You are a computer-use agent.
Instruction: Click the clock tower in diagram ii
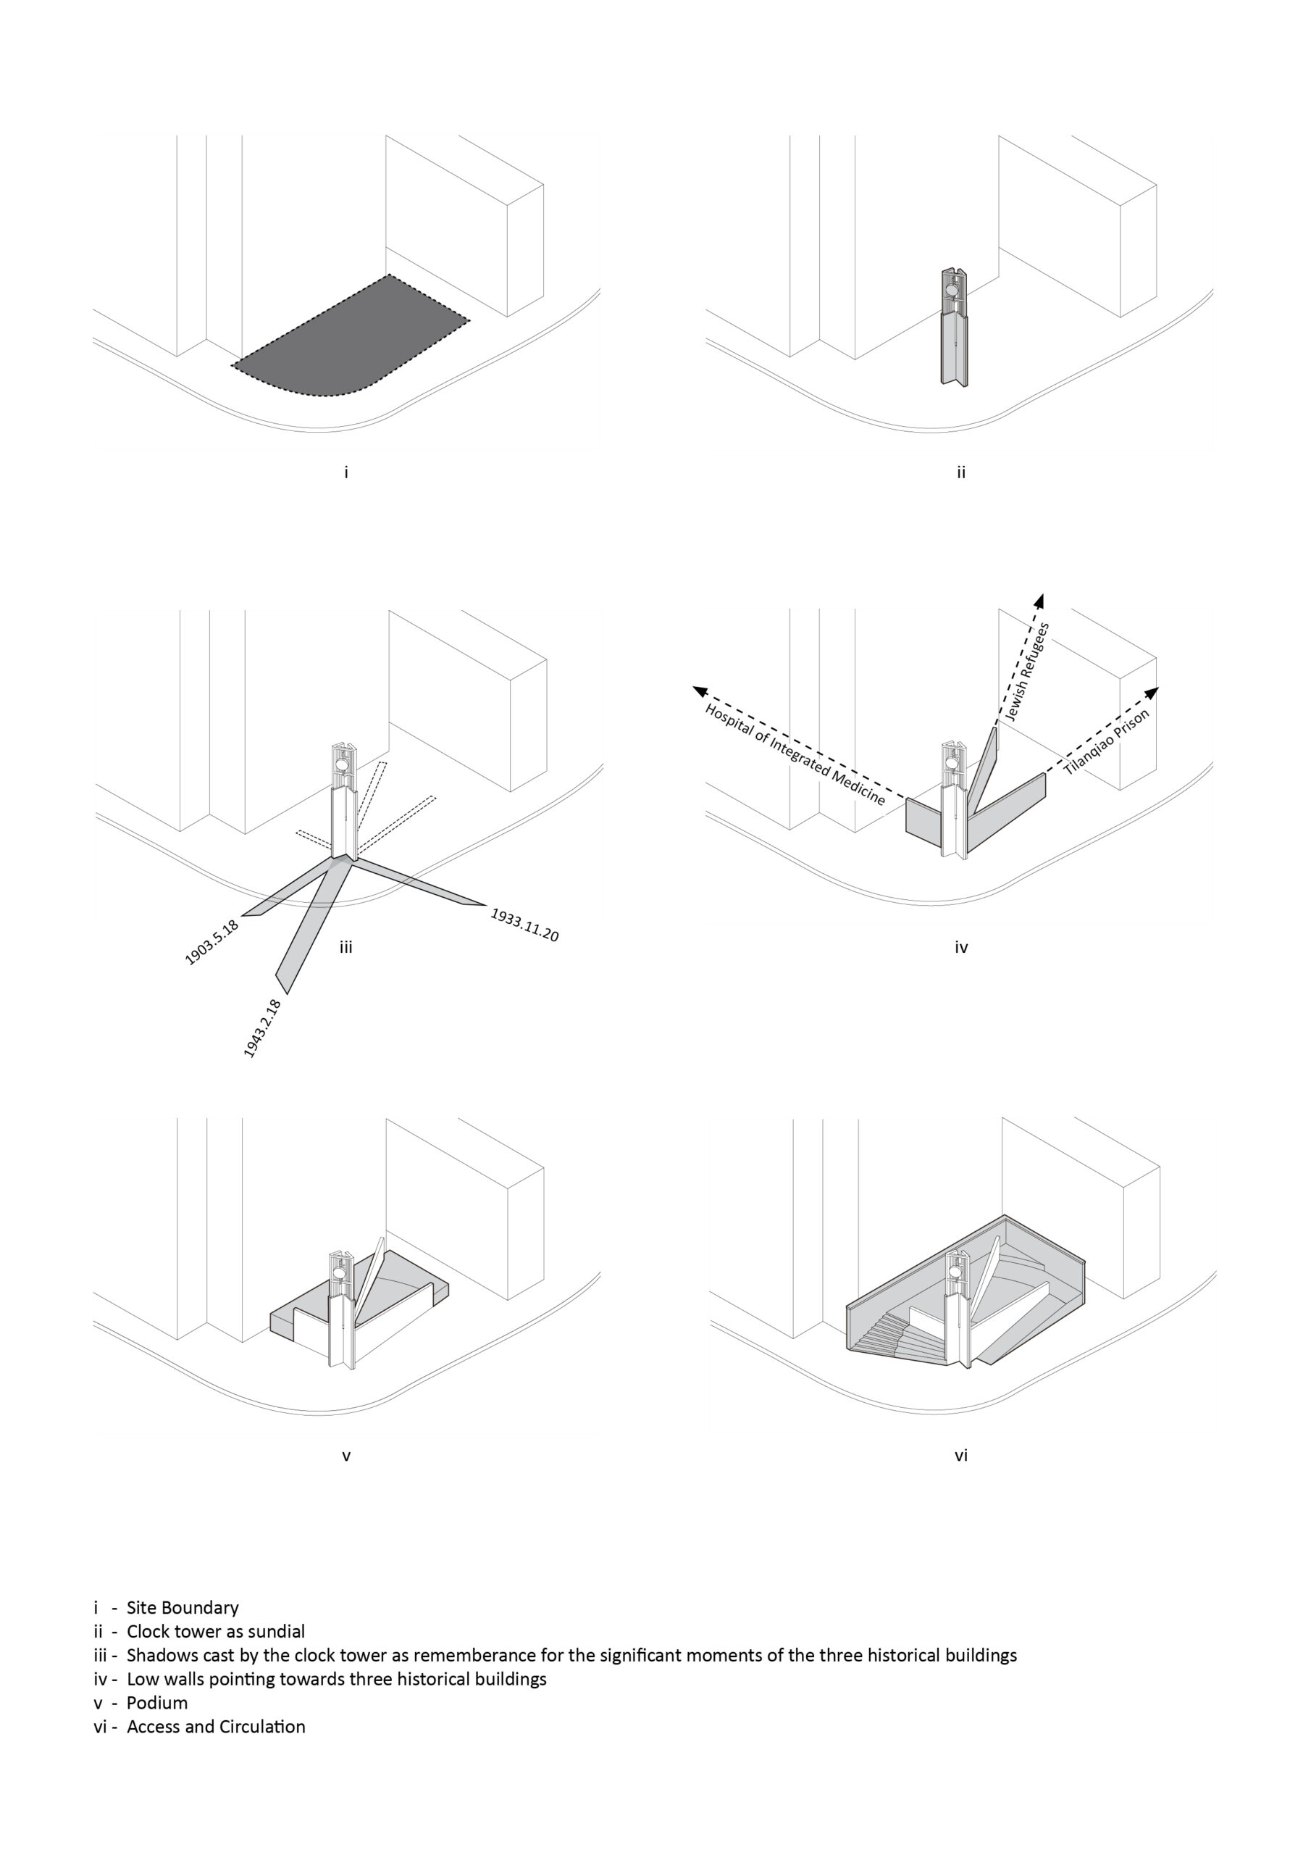[x=954, y=326]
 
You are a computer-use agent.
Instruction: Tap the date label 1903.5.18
[x=211, y=942]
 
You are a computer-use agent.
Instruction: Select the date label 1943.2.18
[x=262, y=1028]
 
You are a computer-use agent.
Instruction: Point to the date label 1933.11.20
[x=525, y=925]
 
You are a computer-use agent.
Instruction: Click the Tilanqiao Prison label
[x=1106, y=743]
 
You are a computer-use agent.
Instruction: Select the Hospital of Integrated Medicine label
[x=795, y=754]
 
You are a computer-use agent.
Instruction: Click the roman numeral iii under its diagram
[x=345, y=947]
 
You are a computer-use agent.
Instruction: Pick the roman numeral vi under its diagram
[x=960, y=1455]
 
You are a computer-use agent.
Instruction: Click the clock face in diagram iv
[x=953, y=761]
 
